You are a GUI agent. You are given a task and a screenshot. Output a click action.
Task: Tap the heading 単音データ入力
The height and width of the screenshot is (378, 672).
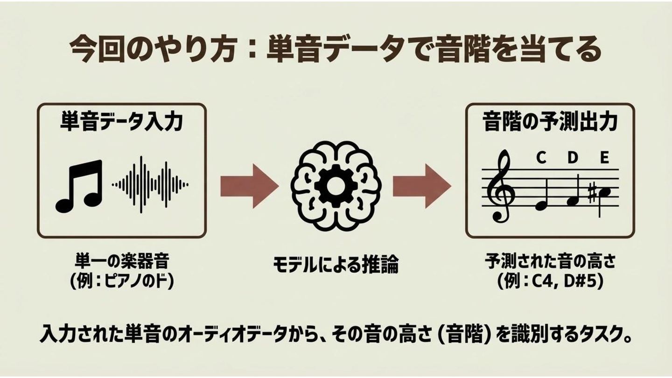point(121,122)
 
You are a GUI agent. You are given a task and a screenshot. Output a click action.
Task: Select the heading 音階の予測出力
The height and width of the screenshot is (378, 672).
point(550,122)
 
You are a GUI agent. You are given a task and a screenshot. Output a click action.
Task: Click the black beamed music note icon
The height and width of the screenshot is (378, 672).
point(79,186)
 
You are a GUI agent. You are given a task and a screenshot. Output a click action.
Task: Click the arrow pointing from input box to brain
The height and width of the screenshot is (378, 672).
point(249,185)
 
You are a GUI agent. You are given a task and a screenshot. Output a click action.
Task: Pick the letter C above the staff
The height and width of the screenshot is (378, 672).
point(541,158)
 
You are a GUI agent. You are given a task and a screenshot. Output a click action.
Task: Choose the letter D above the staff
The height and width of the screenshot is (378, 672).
point(573,158)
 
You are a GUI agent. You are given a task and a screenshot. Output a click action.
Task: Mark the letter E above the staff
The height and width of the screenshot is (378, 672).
point(604,158)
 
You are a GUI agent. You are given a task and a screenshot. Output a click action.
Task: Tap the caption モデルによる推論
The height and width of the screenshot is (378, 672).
point(336,265)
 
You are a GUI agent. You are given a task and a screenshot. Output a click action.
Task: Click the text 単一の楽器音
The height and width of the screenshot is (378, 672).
point(121,259)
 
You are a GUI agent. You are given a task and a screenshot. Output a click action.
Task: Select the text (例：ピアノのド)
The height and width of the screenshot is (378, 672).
point(121,281)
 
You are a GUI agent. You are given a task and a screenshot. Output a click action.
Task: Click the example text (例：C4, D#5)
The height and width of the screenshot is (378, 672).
point(550,281)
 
